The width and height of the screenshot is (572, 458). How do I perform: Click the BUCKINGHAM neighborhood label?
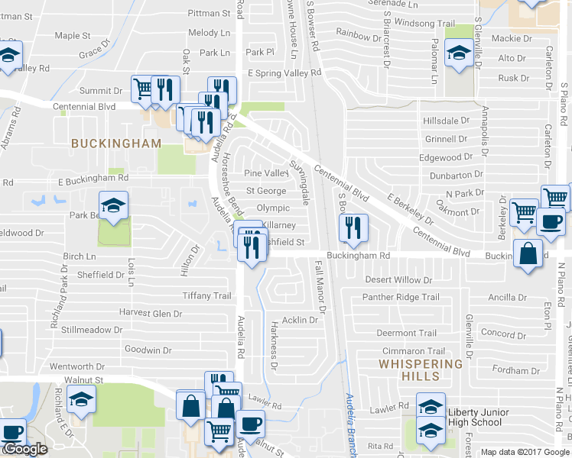[116, 143]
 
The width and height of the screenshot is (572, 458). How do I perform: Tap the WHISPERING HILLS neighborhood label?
[420, 369]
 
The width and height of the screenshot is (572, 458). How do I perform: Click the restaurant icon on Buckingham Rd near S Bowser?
[353, 228]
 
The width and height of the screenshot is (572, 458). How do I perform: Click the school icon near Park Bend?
[113, 205]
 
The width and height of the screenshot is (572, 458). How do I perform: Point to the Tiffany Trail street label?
[206, 295]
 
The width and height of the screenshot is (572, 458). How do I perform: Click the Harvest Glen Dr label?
[151, 313]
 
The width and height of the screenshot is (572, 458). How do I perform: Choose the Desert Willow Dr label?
[398, 280]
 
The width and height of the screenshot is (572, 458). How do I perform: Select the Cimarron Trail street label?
[414, 350]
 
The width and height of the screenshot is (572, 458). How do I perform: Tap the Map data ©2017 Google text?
[525, 452]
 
